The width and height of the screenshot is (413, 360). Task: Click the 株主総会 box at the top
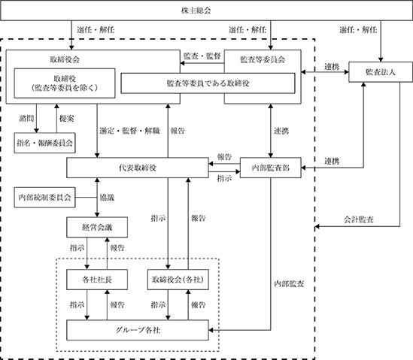[206, 11]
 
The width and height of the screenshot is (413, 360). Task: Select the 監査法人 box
[381, 72]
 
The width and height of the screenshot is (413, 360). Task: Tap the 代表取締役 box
[138, 168]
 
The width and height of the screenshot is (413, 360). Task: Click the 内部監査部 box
[271, 168]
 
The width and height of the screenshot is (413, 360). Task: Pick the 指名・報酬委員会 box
[45, 143]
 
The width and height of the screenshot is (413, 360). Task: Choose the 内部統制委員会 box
[45, 198]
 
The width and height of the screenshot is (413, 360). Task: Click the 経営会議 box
[97, 227]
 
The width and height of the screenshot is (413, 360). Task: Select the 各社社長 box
[97, 280]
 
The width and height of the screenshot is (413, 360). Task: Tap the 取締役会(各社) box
[178, 280]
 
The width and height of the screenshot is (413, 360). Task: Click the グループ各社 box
[138, 330]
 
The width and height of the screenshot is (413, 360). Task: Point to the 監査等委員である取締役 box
[208, 83]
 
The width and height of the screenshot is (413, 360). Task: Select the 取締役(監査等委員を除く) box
[65, 83]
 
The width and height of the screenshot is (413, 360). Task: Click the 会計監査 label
[359, 219]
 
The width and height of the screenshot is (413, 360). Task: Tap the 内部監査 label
[289, 283]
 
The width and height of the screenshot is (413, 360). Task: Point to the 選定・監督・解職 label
[129, 131]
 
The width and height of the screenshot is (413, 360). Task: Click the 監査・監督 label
[202, 56]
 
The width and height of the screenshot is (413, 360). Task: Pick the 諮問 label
[26, 119]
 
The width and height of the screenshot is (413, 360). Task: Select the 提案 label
[67, 119]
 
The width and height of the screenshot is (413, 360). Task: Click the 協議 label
[107, 198]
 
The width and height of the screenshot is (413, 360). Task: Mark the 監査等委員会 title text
[263, 59]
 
